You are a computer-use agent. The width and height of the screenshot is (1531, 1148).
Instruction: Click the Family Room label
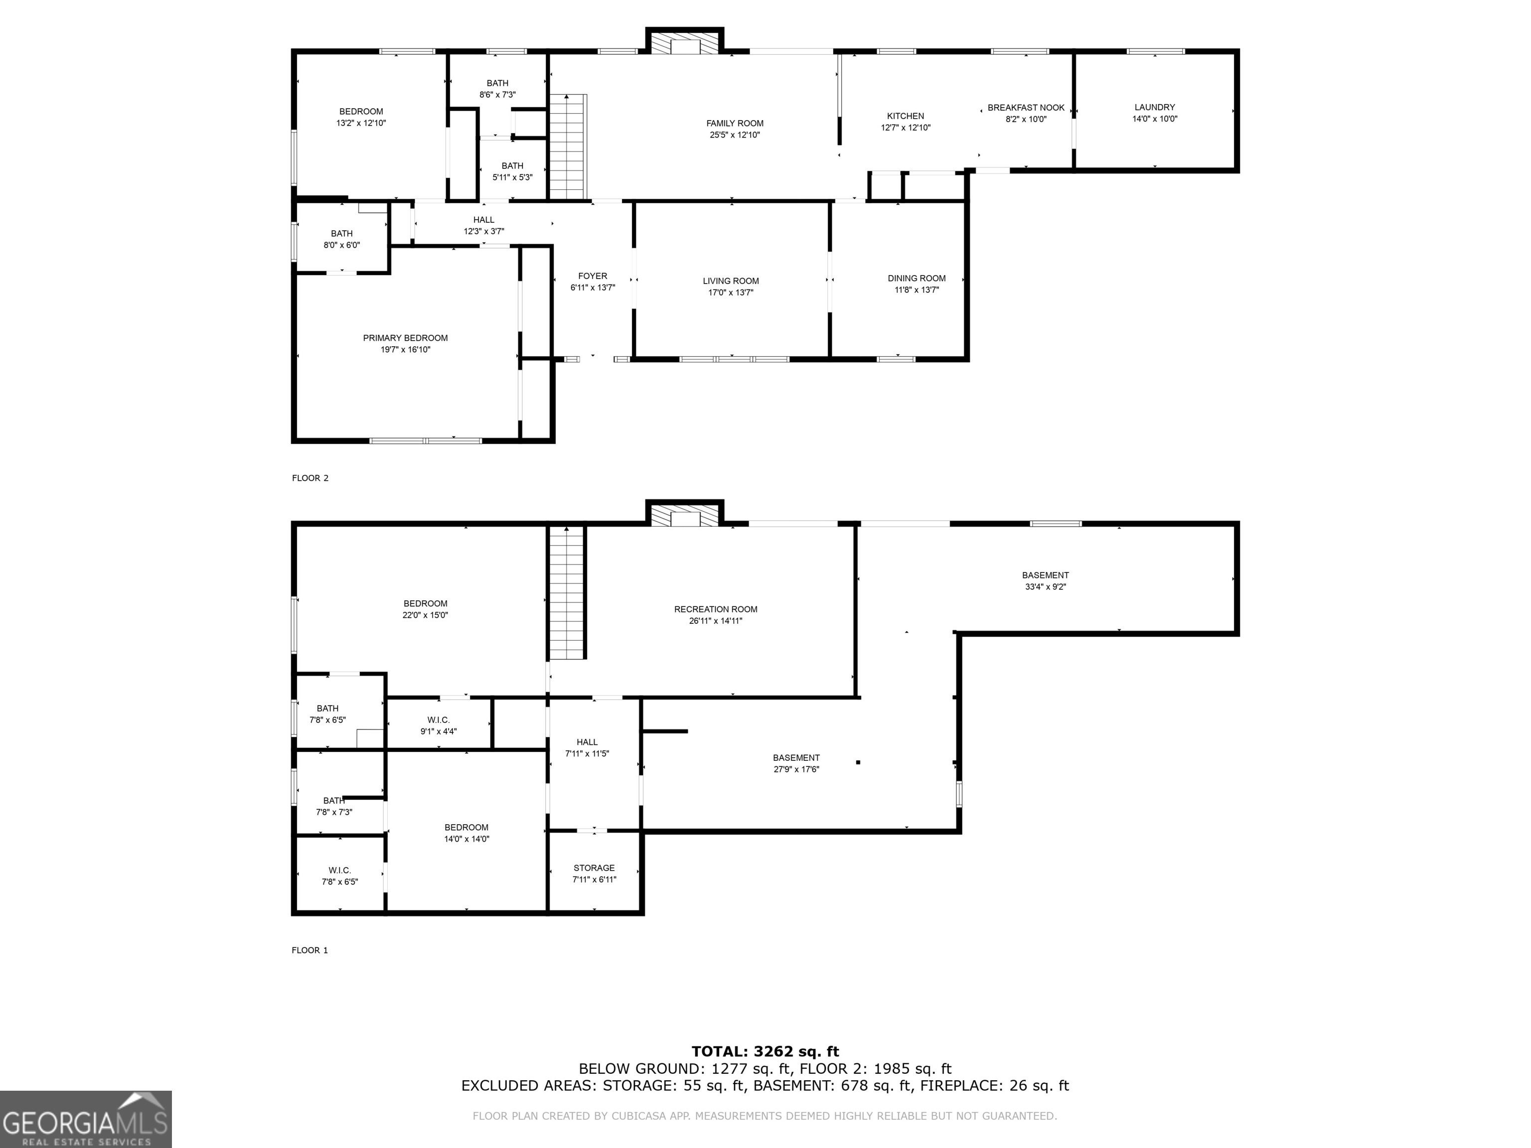735,123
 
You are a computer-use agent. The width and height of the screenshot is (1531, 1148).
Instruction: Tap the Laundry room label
1154,107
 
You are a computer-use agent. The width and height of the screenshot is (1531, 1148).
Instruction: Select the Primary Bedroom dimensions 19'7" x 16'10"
406,349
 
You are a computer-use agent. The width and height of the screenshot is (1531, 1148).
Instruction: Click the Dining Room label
917,278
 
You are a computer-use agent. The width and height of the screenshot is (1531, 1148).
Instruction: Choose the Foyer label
593,276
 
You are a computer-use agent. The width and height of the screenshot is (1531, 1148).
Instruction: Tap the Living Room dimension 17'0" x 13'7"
731,292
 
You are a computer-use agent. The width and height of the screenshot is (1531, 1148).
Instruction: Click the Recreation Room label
716,609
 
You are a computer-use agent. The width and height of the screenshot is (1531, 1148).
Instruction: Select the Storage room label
594,868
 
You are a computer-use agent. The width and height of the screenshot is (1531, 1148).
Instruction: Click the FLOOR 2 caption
310,478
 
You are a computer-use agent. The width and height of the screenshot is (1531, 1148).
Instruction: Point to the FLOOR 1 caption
310,950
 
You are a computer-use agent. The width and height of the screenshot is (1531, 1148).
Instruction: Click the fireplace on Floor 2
685,41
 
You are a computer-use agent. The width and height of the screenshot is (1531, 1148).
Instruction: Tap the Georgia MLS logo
86,1119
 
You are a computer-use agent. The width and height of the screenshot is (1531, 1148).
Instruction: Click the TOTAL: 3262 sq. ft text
765,1052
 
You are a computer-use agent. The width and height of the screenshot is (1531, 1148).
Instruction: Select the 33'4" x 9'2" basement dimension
1045,587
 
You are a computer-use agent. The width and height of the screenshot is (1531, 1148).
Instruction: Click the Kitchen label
906,116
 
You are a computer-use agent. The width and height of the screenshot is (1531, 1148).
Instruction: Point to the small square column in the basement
858,762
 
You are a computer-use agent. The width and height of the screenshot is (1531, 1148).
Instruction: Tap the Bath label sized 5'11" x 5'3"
512,165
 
